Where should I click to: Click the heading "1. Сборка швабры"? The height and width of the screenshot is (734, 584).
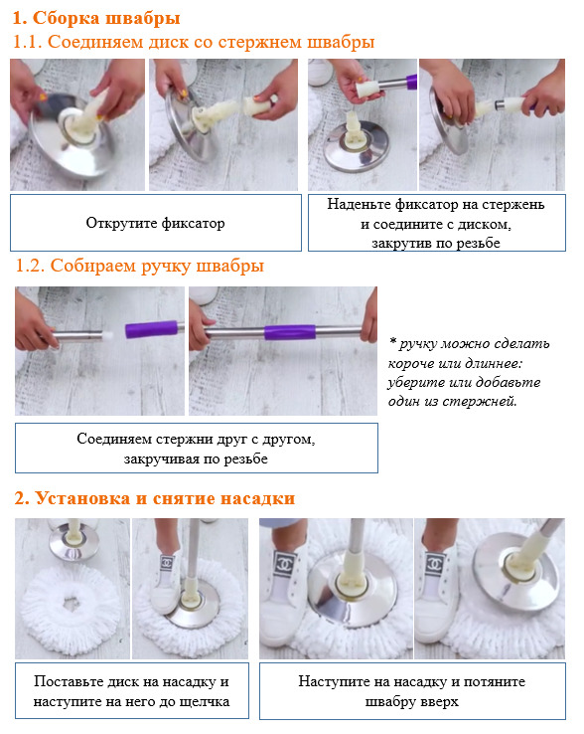coord(96,18)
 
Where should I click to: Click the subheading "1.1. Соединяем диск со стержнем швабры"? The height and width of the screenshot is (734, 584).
coord(194,42)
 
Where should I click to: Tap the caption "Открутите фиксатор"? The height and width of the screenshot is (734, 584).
coord(155,223)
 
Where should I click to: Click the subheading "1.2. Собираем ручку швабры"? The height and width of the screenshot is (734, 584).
coord(140,266)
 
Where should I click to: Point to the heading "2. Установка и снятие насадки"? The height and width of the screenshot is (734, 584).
coord(155,498)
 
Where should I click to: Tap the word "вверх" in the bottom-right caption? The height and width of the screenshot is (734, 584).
coord(439,702)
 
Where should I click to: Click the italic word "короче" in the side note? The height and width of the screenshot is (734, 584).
coord(411,363)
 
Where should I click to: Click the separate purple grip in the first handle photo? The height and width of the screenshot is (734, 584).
coord(152,329)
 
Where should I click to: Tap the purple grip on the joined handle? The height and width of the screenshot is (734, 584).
coord(290,332)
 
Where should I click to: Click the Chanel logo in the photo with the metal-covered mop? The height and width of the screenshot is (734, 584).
coord(285,564)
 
